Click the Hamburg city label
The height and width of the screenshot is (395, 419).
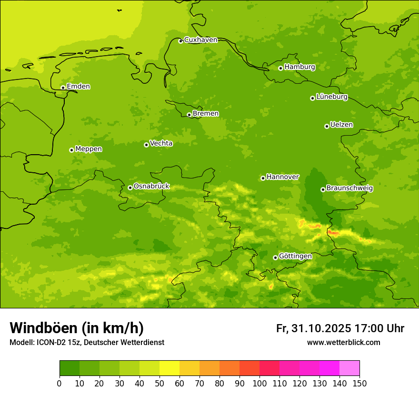point(299,67)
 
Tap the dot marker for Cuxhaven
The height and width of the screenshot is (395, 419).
point(180,41)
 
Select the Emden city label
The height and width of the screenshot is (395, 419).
point(78,87)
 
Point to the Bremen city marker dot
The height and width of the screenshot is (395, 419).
point(189,115)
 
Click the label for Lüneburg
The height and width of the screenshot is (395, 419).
point(332,97)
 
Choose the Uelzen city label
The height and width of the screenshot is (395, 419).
point(341,125)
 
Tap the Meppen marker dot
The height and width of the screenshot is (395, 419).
point(71,150)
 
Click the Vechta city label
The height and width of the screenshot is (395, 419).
point(161,143)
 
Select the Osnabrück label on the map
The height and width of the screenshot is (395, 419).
point(151,187)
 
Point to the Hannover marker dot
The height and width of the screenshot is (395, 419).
point(263,178)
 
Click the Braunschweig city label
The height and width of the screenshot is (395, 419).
point(349,188)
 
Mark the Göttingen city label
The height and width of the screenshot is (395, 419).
point(295,257)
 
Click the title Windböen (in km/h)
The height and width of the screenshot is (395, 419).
point(77,328)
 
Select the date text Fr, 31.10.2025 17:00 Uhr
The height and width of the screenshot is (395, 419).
point(340,328)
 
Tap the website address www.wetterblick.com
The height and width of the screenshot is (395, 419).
point(343,343)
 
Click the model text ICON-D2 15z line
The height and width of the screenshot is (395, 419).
point(87,343)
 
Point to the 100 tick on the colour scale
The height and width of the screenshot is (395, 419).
point(259,383)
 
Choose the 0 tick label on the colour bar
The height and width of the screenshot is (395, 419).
point(60,383)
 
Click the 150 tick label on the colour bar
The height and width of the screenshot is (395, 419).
point(359,383)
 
